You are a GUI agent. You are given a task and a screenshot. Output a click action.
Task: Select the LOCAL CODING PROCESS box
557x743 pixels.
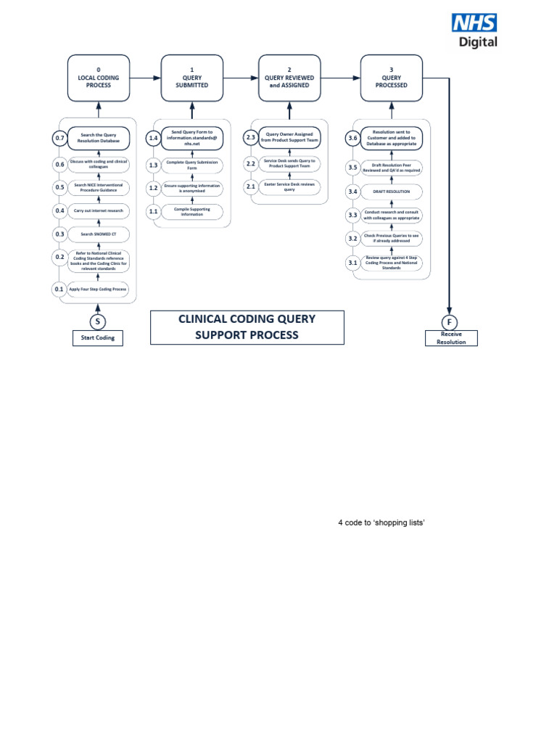click(99, 78)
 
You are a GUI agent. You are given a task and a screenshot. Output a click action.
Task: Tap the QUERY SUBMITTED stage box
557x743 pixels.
click(192, 78)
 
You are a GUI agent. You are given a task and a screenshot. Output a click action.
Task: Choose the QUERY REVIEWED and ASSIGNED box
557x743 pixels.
click(289, 78)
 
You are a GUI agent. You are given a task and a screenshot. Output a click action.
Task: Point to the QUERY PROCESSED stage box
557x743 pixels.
click(391, 78)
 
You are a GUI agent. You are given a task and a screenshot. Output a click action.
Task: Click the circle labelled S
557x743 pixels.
click(98, 321)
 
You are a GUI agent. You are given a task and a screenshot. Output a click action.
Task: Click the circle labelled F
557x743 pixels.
click(450, 321)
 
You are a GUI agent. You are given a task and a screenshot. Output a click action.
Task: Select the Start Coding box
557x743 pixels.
click(98, 338)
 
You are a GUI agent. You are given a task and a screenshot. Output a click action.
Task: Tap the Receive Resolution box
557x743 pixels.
click(451, 338)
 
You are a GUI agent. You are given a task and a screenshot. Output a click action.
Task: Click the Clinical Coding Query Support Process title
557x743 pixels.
click(247, 327)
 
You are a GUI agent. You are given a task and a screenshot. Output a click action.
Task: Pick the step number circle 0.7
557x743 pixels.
click(59, 138)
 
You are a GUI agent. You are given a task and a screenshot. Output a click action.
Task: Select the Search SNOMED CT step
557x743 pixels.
click(99, 234)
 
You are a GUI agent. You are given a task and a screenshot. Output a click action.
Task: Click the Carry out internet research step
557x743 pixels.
click(99, 210)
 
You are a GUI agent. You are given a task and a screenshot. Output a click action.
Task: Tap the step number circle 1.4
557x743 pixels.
click(153, 138)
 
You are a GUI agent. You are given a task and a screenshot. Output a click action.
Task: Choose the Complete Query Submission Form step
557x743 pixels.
click(192, 165)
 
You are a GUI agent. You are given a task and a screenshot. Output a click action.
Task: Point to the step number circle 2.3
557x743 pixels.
click(251, 138)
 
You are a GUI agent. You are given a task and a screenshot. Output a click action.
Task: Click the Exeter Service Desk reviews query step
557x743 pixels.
click(289, 187)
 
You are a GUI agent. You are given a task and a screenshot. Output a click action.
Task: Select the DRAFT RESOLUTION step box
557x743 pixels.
click(392, 192)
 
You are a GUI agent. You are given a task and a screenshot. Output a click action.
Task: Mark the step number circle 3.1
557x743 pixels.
click(352, 263)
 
